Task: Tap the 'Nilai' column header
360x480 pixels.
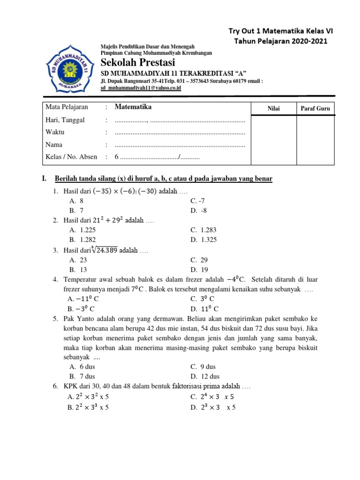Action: click(274, 109)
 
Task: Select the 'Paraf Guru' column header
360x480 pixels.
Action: click(315, 109)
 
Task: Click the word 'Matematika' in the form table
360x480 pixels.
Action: click(133, 107)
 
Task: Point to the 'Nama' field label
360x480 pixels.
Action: click(54, 144)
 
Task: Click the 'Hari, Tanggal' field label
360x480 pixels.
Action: click(65, 120)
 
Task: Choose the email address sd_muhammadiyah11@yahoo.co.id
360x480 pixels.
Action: click(141, 88)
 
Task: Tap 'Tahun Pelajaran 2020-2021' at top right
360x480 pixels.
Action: click(281, 41)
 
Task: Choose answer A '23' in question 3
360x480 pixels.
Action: click(78, 260)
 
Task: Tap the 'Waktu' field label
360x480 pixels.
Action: click(55, 132)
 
